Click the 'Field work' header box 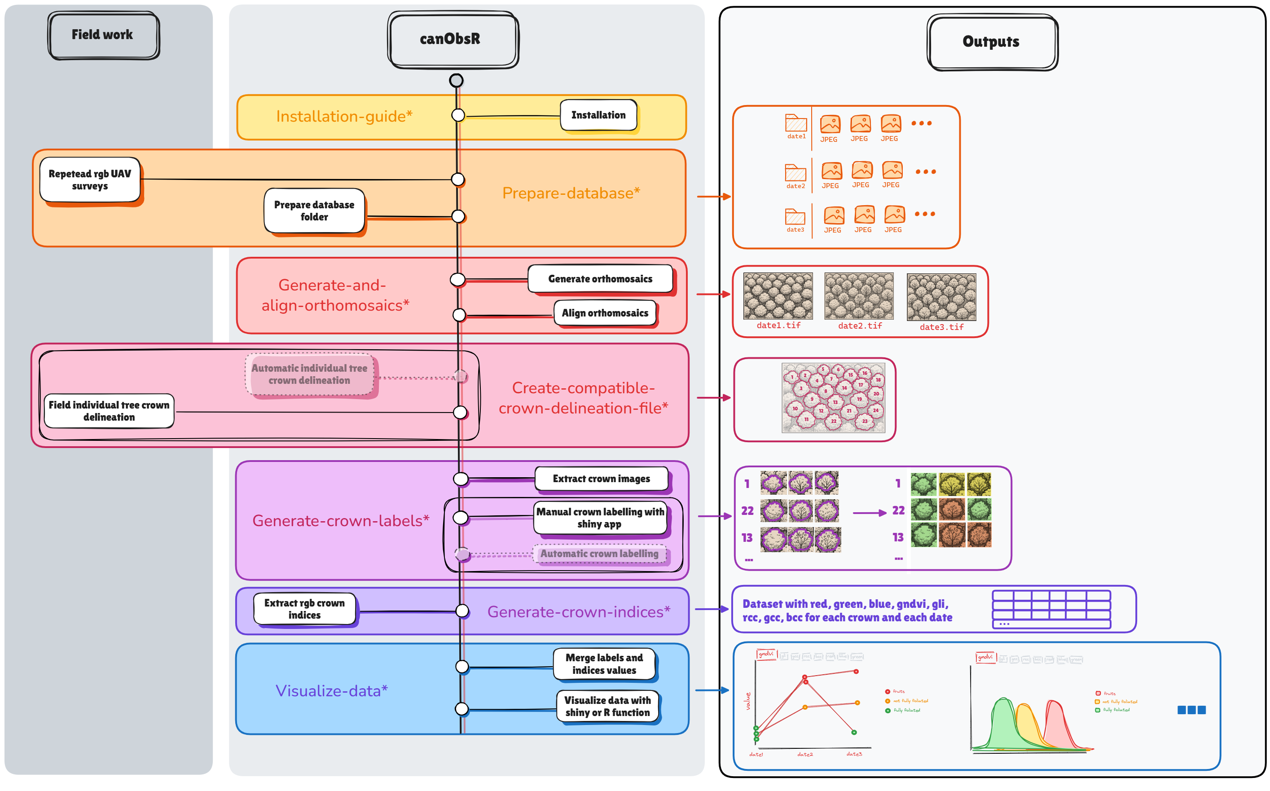coord(103,35)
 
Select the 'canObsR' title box coord(453,39)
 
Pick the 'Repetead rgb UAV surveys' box coord(90,180)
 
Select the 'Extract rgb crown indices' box coord(304,609)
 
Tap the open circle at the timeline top coord(456,80)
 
